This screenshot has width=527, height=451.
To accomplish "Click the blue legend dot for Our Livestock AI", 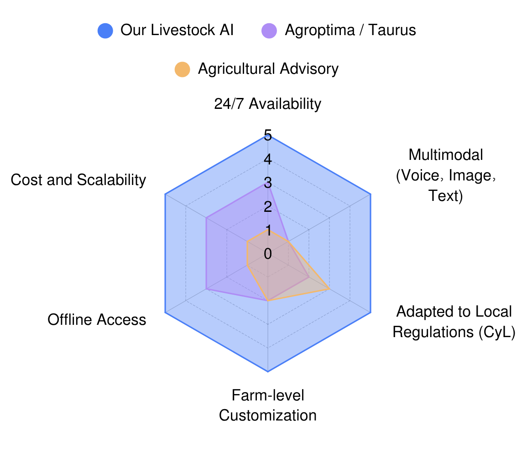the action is pyautogui.click(x=105, y=31).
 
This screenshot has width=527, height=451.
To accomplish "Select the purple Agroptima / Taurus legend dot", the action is pyautogui.click(x=269, y=31).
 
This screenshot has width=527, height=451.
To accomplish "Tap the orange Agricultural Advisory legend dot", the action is pyautogui.click(x=183, y=69).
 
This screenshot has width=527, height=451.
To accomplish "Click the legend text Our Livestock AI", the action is pyautogui.click(x=177, y=30).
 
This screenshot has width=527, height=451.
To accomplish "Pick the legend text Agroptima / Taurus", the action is pyautogui.click(x=350, y=30).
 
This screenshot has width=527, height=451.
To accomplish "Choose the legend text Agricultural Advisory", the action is pyautogui.click(x=268, y=69).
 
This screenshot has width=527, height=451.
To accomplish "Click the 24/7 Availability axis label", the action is pyautogui.click(x=267, y=104).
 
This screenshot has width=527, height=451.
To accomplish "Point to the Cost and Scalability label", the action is pyautogui.click(x=78, y=180).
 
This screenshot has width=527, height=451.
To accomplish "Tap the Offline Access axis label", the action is pyautogui.click(x=97, y=319).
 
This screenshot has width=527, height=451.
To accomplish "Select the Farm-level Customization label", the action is pyautogui.click(x=268, y=405).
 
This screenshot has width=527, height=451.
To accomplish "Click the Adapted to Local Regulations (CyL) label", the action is pyautogui.click(x=454, y=322).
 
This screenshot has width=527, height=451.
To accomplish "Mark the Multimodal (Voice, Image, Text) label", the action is pyautogui.click(x=446, y=175).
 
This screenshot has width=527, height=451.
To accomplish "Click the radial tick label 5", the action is pyautogui.click(x=268, y=136).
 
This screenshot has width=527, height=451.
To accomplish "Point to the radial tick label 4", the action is pyautogui.click(x=268, y=159).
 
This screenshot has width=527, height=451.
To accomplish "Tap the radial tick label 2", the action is pyautogui.click(x=268, y=207).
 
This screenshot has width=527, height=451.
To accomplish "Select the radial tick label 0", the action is pyautogui.click(x=268, y=254).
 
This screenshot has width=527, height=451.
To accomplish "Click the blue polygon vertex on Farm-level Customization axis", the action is pyautogui.click(x=268, y=372).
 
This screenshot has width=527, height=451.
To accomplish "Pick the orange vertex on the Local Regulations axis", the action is pyautogui.click(x=329, y=289).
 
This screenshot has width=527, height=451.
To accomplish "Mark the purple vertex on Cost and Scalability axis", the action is pyautogui.click(x=206, y=218).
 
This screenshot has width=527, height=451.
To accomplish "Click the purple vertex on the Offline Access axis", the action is pyautogui.click(x=206, y=289).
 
